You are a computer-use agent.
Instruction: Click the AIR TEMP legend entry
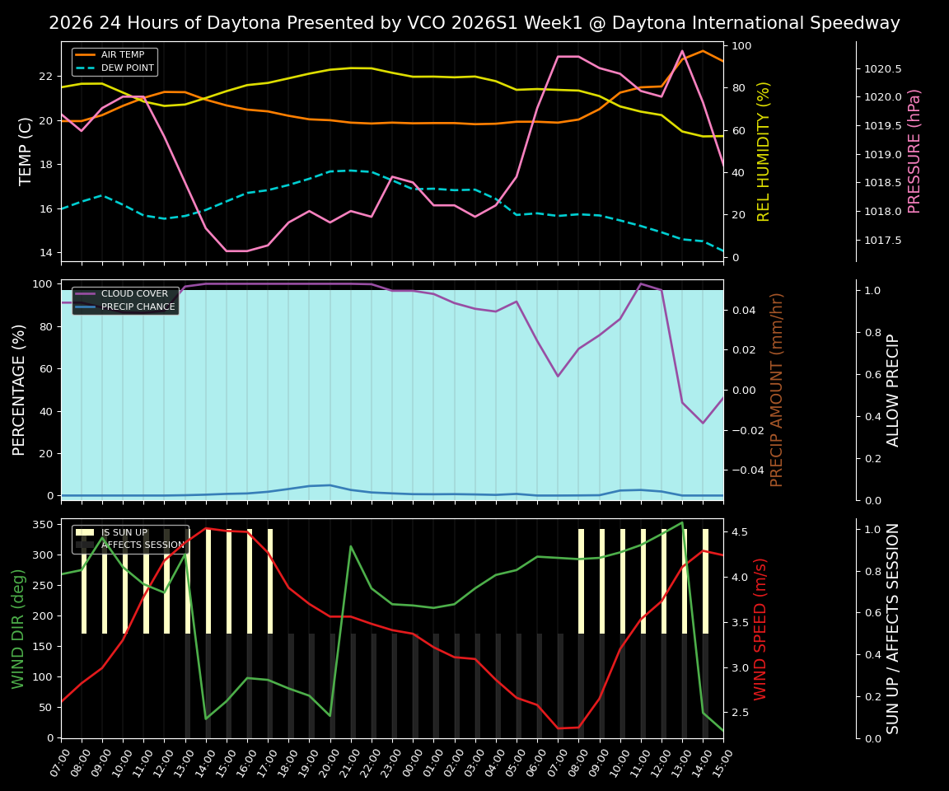(122, 54)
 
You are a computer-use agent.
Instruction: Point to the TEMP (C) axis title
(26, 151)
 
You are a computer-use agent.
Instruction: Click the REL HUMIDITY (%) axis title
(764, 151)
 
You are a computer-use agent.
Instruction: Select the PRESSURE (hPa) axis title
(914, 151)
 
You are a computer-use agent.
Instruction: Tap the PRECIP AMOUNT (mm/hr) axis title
(777, 389)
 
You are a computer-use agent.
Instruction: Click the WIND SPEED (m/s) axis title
(761, 628)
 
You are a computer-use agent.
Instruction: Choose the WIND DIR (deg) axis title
(18, 628)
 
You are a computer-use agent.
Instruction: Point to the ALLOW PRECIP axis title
(894, 389)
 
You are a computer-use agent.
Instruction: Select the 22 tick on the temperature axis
(46, 77)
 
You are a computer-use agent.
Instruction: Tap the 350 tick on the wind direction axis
(43, 524)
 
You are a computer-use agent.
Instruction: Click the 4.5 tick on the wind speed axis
(739, 532)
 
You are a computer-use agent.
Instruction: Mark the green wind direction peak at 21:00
(351, 546)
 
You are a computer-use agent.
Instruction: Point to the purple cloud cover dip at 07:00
(558, 377)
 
